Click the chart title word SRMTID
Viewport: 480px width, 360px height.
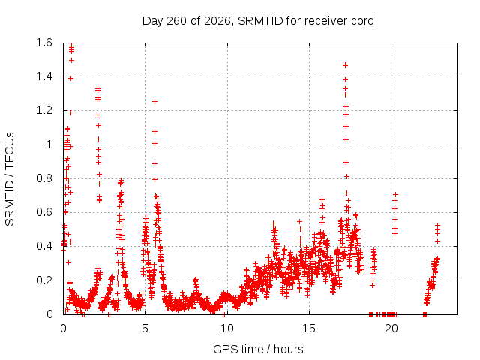(260, 21)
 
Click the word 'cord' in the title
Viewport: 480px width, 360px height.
(362, 21)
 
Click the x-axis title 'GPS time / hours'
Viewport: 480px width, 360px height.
(258, 349)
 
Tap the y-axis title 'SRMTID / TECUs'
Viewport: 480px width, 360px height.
(10, 179)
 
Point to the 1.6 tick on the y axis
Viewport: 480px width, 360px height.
(44, 43)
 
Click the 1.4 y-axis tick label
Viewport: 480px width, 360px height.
(44, 76)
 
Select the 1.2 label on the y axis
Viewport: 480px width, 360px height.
(44, 110)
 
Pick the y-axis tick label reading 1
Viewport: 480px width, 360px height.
(49, 145)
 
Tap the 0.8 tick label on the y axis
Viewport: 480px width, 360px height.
(44, 178)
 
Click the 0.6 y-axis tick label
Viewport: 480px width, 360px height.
(44, 212)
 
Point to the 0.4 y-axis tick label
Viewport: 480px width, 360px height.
(44, 246)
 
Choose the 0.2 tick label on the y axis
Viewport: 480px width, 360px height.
(44, 280)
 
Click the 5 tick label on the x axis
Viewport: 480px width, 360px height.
(145, 328)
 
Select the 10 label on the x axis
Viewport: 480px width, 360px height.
(227, 328)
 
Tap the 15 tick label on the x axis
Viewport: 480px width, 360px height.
(309, 328)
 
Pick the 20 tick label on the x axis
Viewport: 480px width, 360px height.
(391, 328)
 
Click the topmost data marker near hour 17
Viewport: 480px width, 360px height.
(345, 65)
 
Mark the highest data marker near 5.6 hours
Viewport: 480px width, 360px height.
(155, 102)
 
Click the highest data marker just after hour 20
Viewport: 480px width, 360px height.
(395, 194)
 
